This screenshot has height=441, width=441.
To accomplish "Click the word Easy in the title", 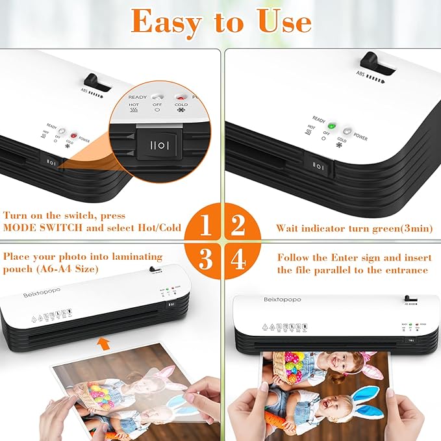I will (x=167, y=21).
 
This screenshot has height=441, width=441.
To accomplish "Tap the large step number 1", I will (x=205, y=226).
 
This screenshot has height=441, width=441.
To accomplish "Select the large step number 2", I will (x=238, y=226).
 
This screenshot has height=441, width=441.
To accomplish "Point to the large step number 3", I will (x=205, y=260).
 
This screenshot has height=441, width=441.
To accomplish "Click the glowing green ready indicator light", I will (x=332, y=126).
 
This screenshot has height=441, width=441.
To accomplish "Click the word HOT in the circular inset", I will (x=133, y=104).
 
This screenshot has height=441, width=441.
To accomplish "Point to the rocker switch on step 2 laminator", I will (x=319, y=165).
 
